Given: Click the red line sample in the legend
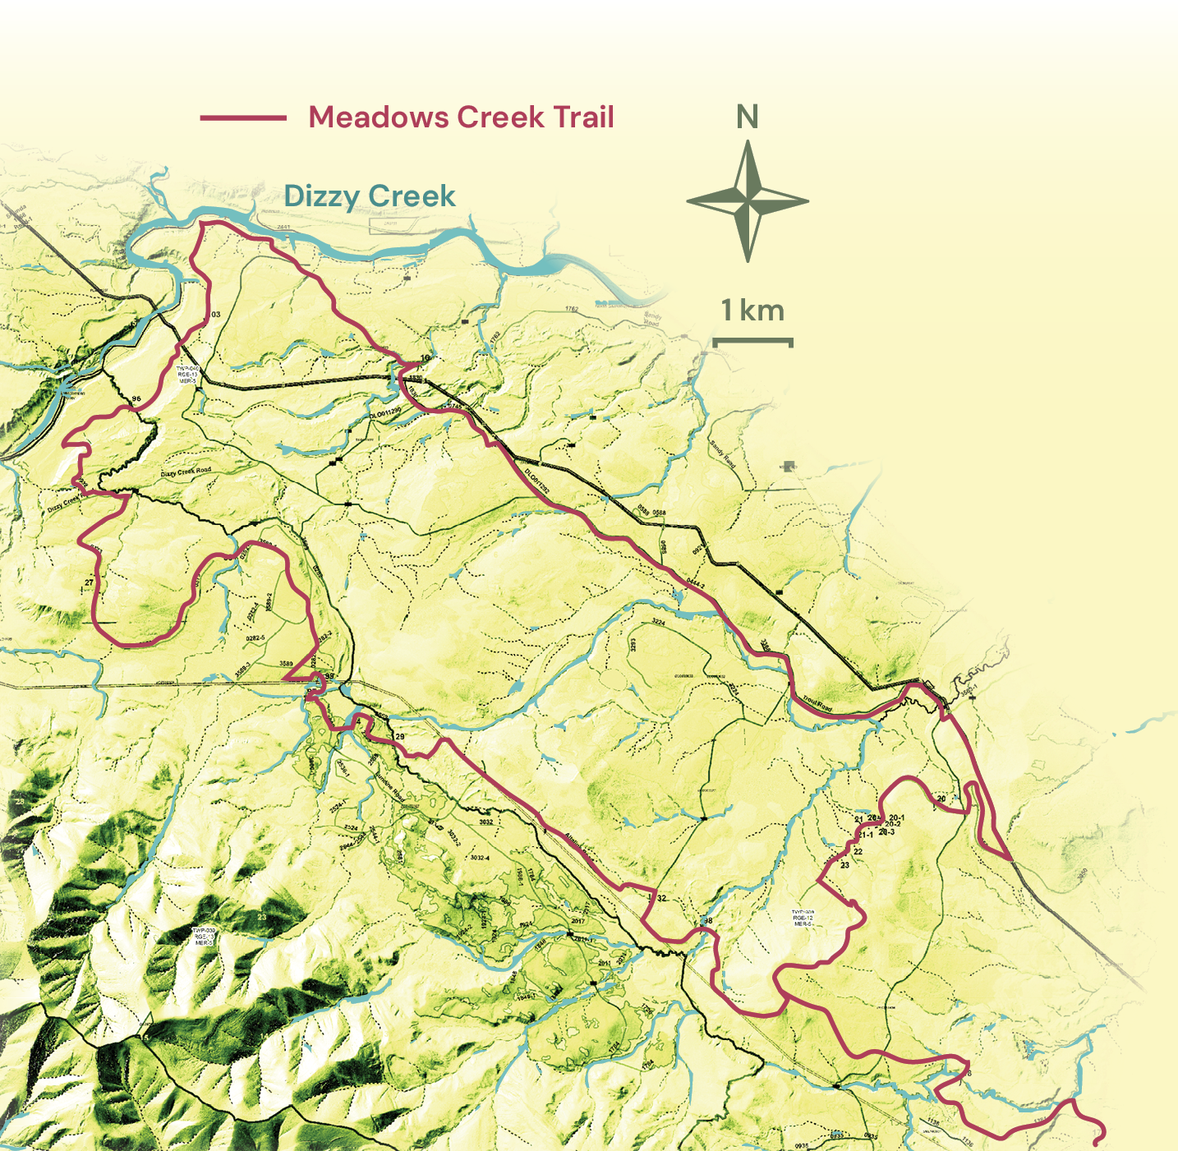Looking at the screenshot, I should click(x=243, y=117).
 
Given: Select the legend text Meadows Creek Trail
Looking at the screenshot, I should click(x=461, y=117).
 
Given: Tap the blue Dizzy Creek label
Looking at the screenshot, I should click(x=369, y=196).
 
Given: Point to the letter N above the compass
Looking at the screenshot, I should click(x=747, y=117).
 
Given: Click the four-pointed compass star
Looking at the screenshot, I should click(x=748, y=200).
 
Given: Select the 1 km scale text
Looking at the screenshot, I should click(x=752, y=311).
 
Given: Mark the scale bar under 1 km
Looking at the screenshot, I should click(x=752, y=340).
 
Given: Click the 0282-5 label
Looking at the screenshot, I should click(x=255, y=638).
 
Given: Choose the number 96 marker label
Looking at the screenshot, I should click(x=136, y=399).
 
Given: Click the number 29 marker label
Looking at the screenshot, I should click(x=400, y=737).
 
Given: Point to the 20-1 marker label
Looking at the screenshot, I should click(x=897, y=817).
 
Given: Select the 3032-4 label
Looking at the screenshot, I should click(x=479, y=858).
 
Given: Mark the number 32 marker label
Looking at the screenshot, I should click(x=661, y=898).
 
